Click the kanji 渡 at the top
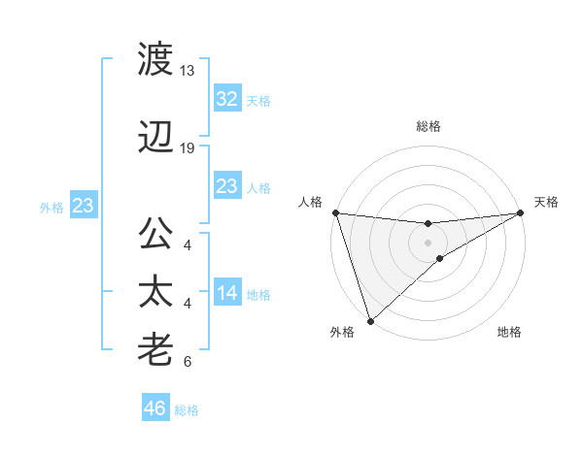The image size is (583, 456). (x=155, y=61)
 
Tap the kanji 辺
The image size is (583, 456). (x=155, y=140)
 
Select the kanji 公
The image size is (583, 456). (x=155, y=237)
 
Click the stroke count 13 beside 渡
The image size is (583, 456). (x=188, y=71)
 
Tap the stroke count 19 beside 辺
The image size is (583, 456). (x=188, y=148)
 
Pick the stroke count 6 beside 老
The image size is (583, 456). (x=188, y=362)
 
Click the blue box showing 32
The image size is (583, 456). (x=226, y=99)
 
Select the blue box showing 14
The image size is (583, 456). (x=226, y=293)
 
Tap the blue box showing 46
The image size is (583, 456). (x=155, y=408)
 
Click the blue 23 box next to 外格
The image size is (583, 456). (x=83, y=206)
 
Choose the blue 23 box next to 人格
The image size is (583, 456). (x=226, y=186)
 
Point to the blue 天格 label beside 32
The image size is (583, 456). (x=258, y=100)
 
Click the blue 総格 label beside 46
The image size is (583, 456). (x=187, y=410)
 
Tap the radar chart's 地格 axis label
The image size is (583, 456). (x=509, y=332)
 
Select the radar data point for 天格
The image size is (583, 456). (x=521, y=212)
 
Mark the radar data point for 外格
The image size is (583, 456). (x=369, y=321)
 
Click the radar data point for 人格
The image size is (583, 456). (x=335, y=212)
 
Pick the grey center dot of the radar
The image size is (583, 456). (x=428, y=242)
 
